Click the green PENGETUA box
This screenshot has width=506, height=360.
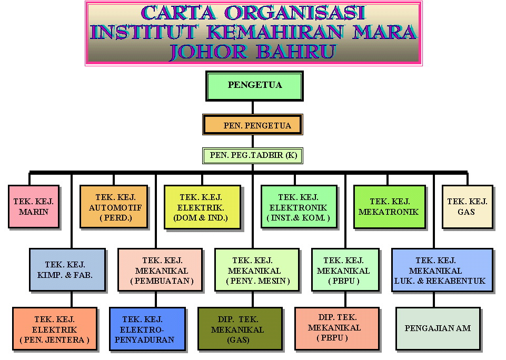click(255, 86)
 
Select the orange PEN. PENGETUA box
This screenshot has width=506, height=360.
click(253, 125)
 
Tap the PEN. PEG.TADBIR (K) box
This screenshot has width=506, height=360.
click(253, 155)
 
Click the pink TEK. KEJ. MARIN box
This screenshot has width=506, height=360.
click(34, 207)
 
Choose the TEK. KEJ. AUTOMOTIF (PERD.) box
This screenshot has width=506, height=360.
click(114, 207)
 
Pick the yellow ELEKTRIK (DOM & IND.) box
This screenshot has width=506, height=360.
click(202, 207)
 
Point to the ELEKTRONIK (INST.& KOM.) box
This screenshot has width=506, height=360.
click(299, 207)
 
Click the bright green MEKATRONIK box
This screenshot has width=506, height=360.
click(389, 207)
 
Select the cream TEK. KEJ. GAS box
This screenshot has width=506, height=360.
click(467, 206)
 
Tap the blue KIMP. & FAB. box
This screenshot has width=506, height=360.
click(67, 269)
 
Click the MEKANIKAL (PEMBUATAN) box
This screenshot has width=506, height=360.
click(160, 269)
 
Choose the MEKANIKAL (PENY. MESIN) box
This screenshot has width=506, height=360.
click(257, 269)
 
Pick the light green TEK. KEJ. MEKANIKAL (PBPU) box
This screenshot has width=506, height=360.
click(345, 269)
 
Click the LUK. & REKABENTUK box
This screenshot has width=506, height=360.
click(442, 269)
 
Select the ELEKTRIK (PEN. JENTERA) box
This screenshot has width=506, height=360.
click(55, 329)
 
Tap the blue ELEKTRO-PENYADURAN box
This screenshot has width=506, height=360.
click(147, 329)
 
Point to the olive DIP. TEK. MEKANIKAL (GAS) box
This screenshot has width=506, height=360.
click(240, 329)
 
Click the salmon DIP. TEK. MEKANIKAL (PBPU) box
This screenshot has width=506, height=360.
click(336, 328)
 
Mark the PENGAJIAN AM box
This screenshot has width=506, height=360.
click(438, 328)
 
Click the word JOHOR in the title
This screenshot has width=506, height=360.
click(209, 51)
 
